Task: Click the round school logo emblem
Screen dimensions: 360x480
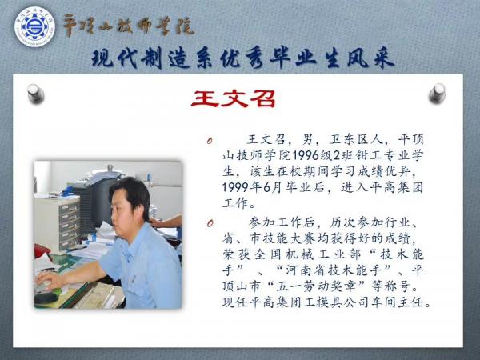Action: [x=35, y=26]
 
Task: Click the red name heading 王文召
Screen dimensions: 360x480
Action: [x=234, y=99]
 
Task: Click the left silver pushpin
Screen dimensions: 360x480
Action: [x=35, y=93]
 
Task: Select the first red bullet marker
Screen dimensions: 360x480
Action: [x=210, y=142]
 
